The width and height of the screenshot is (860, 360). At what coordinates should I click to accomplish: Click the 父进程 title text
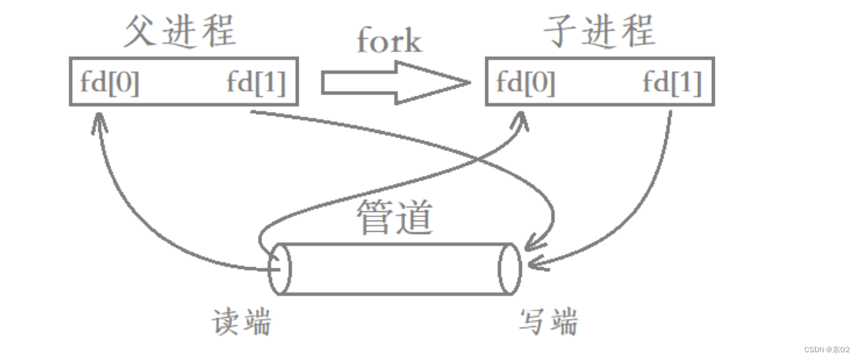(x=180, y=31)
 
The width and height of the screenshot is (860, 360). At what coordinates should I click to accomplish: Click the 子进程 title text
(x=599, y=31)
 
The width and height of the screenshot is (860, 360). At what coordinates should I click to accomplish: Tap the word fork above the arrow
(x=388, y=41)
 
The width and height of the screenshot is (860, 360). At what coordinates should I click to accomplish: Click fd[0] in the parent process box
(x=110, y=84)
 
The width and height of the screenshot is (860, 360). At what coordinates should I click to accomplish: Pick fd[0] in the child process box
(x=525, y=84)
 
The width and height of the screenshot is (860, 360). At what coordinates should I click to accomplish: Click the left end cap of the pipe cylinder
(x=280, y=268)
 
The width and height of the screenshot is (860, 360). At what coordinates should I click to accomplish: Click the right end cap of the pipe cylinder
(x=509, y=268)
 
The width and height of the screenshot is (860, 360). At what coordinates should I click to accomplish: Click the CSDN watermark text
(x=826, y=349)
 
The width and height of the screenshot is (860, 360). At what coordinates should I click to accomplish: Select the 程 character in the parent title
(x=218, y=31)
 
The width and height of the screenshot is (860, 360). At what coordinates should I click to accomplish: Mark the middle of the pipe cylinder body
(x=394, y=268)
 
